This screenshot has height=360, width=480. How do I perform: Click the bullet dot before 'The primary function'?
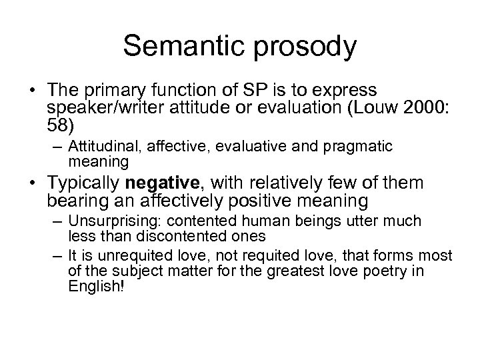tap(35, 90)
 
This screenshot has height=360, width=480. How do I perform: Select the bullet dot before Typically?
tap(35, 184)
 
